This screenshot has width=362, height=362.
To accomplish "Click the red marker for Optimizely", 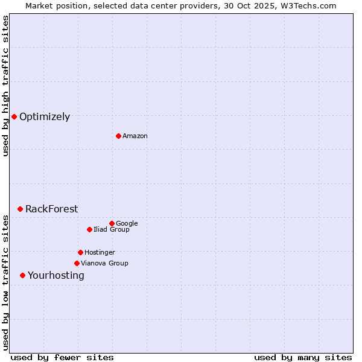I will [14, 116].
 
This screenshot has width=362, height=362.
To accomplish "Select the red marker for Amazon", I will [118, 136].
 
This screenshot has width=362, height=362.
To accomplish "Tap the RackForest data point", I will [20, 209].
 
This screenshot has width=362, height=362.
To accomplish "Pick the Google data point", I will [112, 223].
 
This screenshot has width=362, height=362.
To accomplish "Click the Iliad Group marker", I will [89, 229].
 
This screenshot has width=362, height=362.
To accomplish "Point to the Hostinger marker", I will [80, 252].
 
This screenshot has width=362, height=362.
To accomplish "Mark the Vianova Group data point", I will [77, 263].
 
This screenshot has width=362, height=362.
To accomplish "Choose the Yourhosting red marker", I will [22, 275].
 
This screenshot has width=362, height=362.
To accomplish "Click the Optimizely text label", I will [45, 117].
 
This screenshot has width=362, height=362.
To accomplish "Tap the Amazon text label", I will [135, 136].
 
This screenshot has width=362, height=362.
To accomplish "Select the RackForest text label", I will [51, 209].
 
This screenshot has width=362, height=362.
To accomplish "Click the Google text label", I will [127, 224].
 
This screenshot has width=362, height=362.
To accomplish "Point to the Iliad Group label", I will [112, 230].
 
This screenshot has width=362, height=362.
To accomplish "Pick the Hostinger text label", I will [100, 253].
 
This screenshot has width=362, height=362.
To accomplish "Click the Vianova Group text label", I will [104, 264].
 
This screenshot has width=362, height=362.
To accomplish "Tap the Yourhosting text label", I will [56, 276].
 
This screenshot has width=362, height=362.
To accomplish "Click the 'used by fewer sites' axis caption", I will [62, 357].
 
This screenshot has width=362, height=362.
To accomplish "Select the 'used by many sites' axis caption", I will [303, 357].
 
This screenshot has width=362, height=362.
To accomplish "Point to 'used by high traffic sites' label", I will [5, 86].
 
